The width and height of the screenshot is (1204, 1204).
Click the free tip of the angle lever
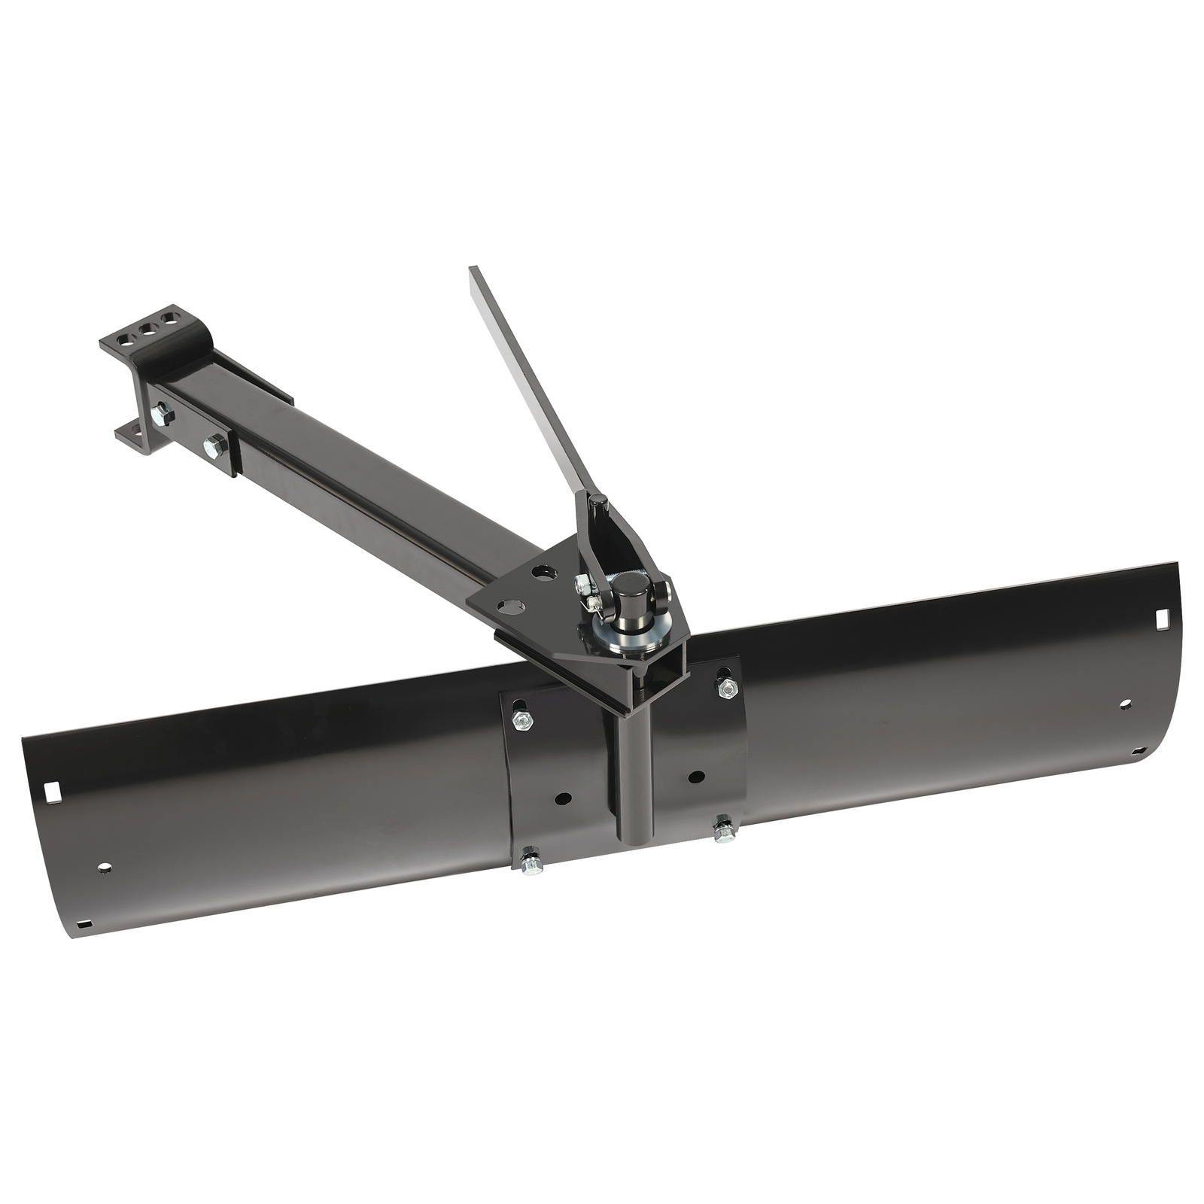point(473,272)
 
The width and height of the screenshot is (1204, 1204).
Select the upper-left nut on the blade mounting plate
point(522,720)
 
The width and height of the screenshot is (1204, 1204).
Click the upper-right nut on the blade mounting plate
point(726,686)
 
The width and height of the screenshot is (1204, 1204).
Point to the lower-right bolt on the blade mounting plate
point(724,831)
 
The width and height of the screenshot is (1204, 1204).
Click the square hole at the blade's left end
point(53,792)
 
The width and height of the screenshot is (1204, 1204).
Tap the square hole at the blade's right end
point(1160,618)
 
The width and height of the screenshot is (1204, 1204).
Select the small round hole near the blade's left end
point(104,868)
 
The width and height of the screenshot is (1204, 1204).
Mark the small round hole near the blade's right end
point(1125,704)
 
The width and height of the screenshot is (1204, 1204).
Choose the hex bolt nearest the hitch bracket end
point(160,414)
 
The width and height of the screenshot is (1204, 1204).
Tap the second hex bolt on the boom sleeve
point(215,445)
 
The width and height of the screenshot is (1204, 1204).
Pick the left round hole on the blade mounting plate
point(562,798)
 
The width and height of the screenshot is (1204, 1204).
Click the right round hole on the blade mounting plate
point(696,776)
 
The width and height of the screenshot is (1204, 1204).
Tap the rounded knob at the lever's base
point(597,501)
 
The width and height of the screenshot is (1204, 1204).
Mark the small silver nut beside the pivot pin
point(582,584)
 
